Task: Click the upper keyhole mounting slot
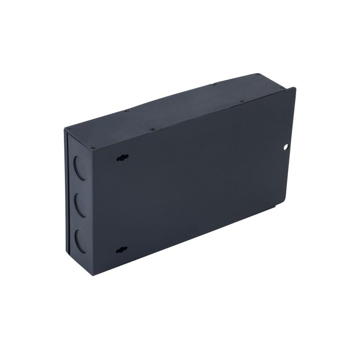[x=122, y=157]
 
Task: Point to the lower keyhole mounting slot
[x=121, y=250]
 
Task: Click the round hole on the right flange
[x=285, y=147]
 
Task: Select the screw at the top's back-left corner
[x=126, y=111]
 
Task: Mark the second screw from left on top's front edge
[x=153, y=130]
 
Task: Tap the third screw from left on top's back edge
[x=214, y=84]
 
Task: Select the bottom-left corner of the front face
[x=93, y=274]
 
